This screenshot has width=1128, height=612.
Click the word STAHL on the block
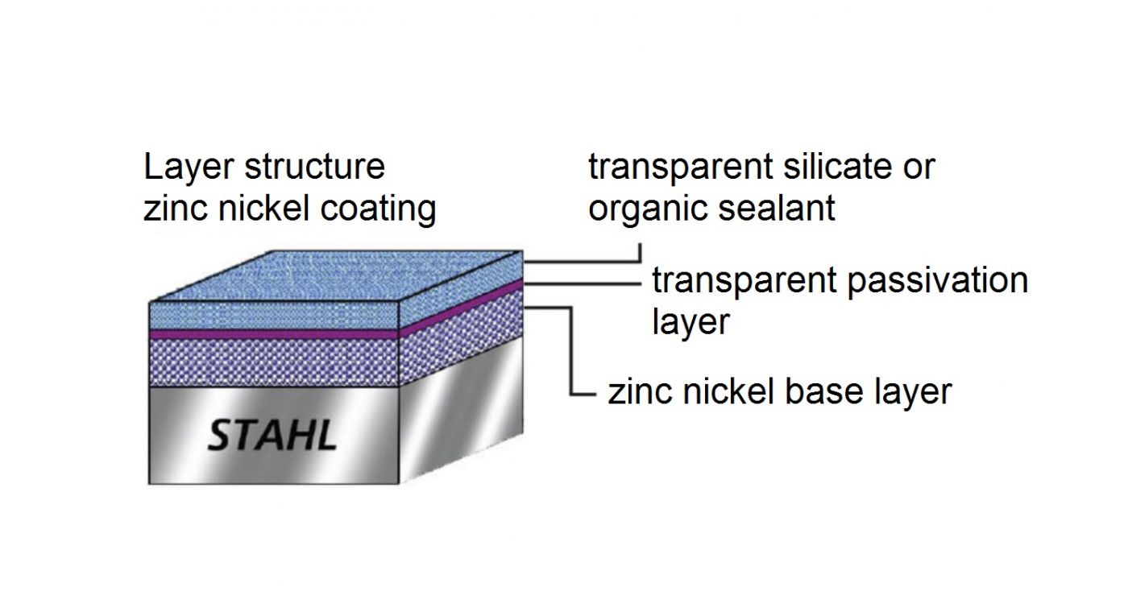pos(272,436)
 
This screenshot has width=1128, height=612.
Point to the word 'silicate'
pos(819,167)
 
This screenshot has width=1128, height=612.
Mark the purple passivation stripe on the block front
pos(274,333)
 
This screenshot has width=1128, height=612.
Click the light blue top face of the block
pos(338,278)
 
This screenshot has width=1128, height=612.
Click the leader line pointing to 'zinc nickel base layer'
pos(571,354)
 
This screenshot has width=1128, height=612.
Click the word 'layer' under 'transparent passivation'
pos(690,322)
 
